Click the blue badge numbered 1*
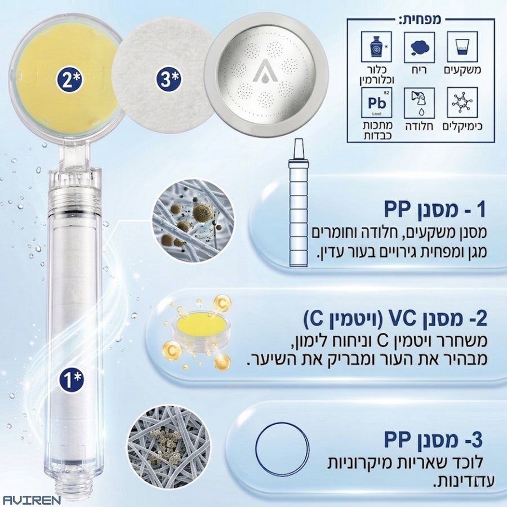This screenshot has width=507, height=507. coord(72,379)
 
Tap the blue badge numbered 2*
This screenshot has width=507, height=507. coord(69,79)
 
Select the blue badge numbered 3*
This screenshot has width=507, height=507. coord(168,79)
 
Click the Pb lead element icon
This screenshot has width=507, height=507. coord(376,103)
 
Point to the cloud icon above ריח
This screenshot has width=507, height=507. coord(419,47)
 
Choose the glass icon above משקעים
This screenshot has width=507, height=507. coord(462,47)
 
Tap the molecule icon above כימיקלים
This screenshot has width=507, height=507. coord(462,103)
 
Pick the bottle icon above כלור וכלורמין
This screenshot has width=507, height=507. coord(376,47)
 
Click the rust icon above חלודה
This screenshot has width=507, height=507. coord(419,103)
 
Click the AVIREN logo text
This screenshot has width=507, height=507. coord(32,500)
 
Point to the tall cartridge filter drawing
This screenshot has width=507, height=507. coord(298,203)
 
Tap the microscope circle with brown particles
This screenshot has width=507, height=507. coord(194,221)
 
